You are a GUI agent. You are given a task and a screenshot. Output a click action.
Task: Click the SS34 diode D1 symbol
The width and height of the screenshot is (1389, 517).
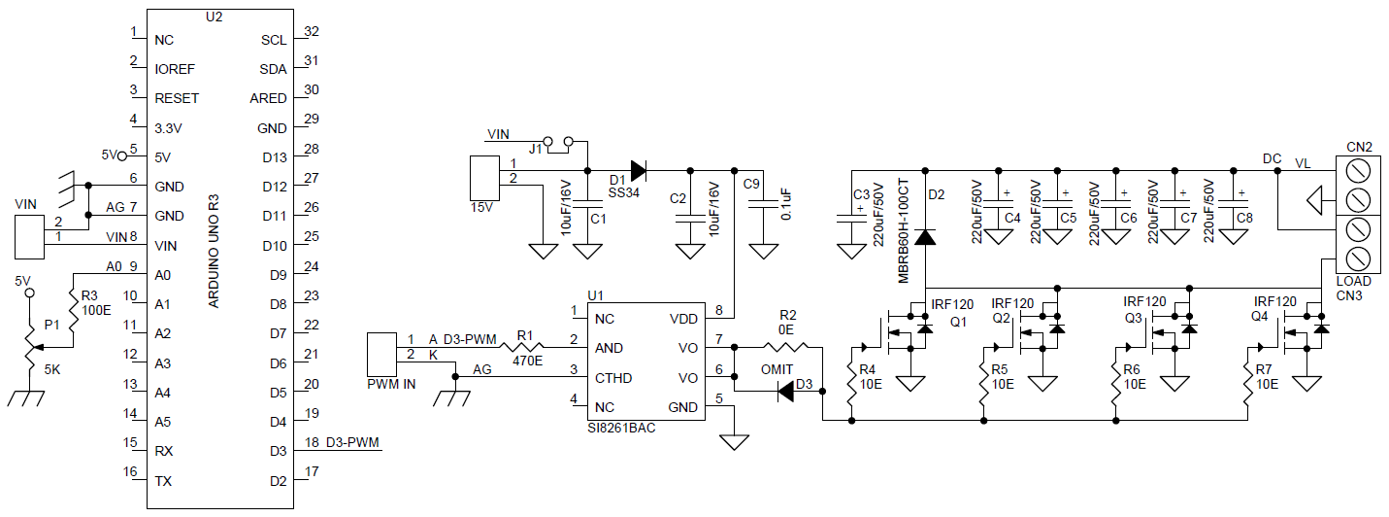coord(637,171)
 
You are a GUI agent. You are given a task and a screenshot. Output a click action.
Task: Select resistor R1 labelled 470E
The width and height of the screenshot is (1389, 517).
coord(525,348)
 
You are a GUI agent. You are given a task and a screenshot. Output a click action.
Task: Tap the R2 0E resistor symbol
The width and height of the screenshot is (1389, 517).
coord(787,347)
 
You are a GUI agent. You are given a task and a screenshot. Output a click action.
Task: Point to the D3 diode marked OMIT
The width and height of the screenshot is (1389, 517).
coord(787,392)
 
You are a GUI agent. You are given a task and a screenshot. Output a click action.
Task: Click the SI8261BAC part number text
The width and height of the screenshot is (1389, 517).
coord(621,428)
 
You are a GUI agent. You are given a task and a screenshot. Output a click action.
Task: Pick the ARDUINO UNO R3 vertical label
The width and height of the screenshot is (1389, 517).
coord(215,252)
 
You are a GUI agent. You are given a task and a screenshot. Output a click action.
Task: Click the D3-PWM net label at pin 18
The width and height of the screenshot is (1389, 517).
coord(352,443)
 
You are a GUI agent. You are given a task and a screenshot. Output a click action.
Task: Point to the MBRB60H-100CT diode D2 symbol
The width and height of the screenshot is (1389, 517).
coord(925,236)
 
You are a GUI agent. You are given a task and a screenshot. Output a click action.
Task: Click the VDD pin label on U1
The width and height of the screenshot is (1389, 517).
coord(682,319)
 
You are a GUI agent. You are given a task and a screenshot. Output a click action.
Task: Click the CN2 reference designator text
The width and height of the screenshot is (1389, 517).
coord(1358,147)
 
